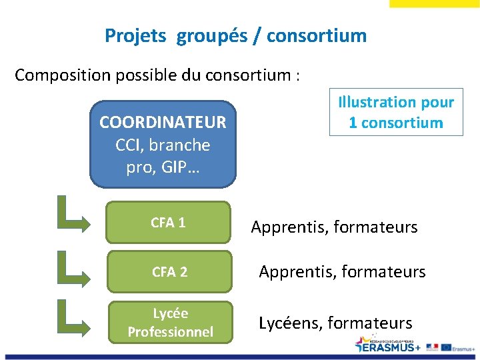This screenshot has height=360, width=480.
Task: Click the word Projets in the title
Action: [135, 35]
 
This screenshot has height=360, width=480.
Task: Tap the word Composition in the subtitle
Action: [63, 75]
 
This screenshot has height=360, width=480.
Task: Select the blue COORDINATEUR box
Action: [163, 144]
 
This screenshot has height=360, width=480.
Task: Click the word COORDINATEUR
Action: [163, 123]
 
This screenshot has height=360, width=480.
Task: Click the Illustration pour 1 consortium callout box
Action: [396, 113]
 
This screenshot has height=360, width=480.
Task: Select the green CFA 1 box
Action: [168, 223]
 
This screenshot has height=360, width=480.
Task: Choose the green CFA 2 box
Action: [169, 271]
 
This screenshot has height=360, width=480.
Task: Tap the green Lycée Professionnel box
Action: [170, 323]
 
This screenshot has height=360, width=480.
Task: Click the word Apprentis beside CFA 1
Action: [289, 227]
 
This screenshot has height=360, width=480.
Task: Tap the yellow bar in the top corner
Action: [433, 3]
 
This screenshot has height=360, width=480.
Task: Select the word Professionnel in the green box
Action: [170, 331]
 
